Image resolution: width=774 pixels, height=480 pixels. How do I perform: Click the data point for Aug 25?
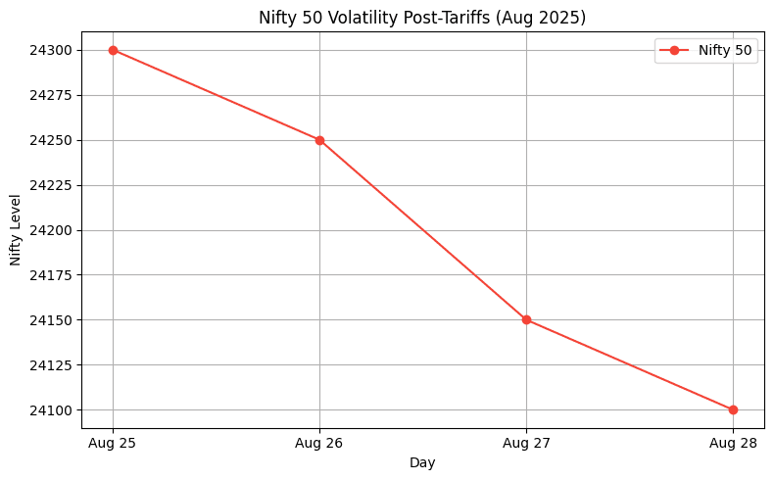pos(113,50)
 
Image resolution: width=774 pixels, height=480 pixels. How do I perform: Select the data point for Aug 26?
pos(319,140)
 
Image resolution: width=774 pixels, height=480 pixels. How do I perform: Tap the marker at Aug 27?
pos(526,320)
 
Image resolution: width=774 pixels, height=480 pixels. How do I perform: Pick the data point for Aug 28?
pos(733,409)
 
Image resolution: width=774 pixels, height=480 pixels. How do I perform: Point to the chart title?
pos(422,18)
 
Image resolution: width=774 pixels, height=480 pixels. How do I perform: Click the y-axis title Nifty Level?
pos(16,230)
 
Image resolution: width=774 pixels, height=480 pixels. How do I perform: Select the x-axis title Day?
pos(422,462)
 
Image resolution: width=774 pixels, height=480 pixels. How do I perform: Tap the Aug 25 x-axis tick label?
pos(113,444)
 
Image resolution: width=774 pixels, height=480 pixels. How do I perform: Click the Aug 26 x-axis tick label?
pos(319,444)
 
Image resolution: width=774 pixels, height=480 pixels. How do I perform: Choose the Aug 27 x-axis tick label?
pos(526,444)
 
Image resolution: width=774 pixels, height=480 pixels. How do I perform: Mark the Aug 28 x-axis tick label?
pos(733,444)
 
